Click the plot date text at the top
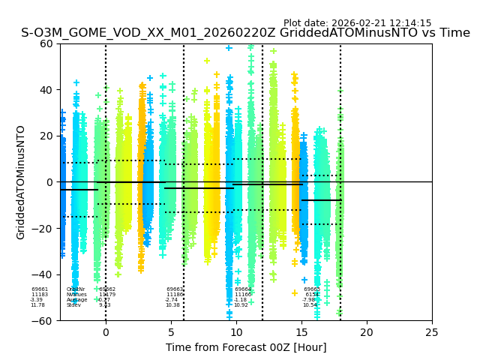click(357, 23)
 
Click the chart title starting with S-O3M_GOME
click(245, 33)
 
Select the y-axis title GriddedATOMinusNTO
click(21, 182)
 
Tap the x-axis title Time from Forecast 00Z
click(246, 347)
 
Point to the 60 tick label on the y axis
click(47, 43)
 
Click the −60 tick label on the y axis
click(44, 321)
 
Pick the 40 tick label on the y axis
click(47, 90)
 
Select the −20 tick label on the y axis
click(44, 229)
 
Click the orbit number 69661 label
click(40, 289)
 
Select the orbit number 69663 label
click(175, 289)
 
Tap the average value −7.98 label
click(310, 300)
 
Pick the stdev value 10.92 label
click(241, 305)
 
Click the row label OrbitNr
click(76, 289)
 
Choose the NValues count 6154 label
click(312, 295)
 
